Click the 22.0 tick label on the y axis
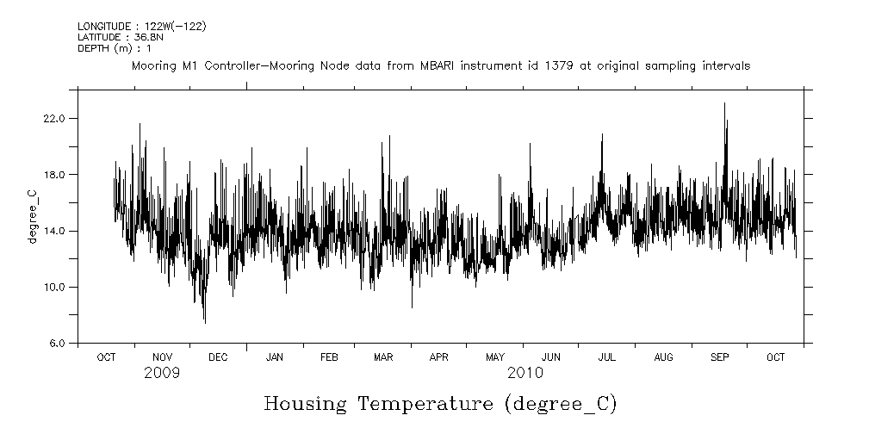coord(54,118)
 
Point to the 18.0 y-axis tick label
coord(54,175)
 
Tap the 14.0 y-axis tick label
coord(54,231)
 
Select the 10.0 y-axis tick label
coord(54,287)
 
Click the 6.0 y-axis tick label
coord(57,344)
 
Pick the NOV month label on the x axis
coord(162,356)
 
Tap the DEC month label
coord(218,356)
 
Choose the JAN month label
coord(274,356)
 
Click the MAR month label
coord(382,356)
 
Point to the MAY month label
coord(494,356)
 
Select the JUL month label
coord(606,356)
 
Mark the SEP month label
coord(719,356)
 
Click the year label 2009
coord(162,373)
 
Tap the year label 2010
coord(525,373)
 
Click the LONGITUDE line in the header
coord(141,27)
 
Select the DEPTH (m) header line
coord(115,47)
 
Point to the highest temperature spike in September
coord(724,104)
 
